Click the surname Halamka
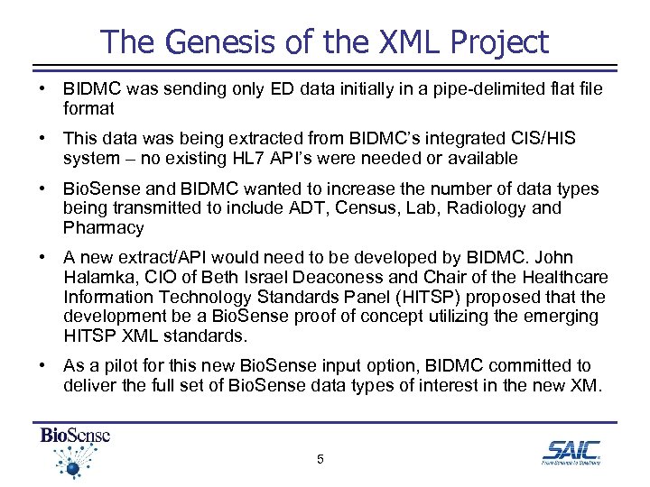click(x=101, y=278)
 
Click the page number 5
click(x=320, y=460)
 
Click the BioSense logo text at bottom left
click(x=74, y=436)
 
